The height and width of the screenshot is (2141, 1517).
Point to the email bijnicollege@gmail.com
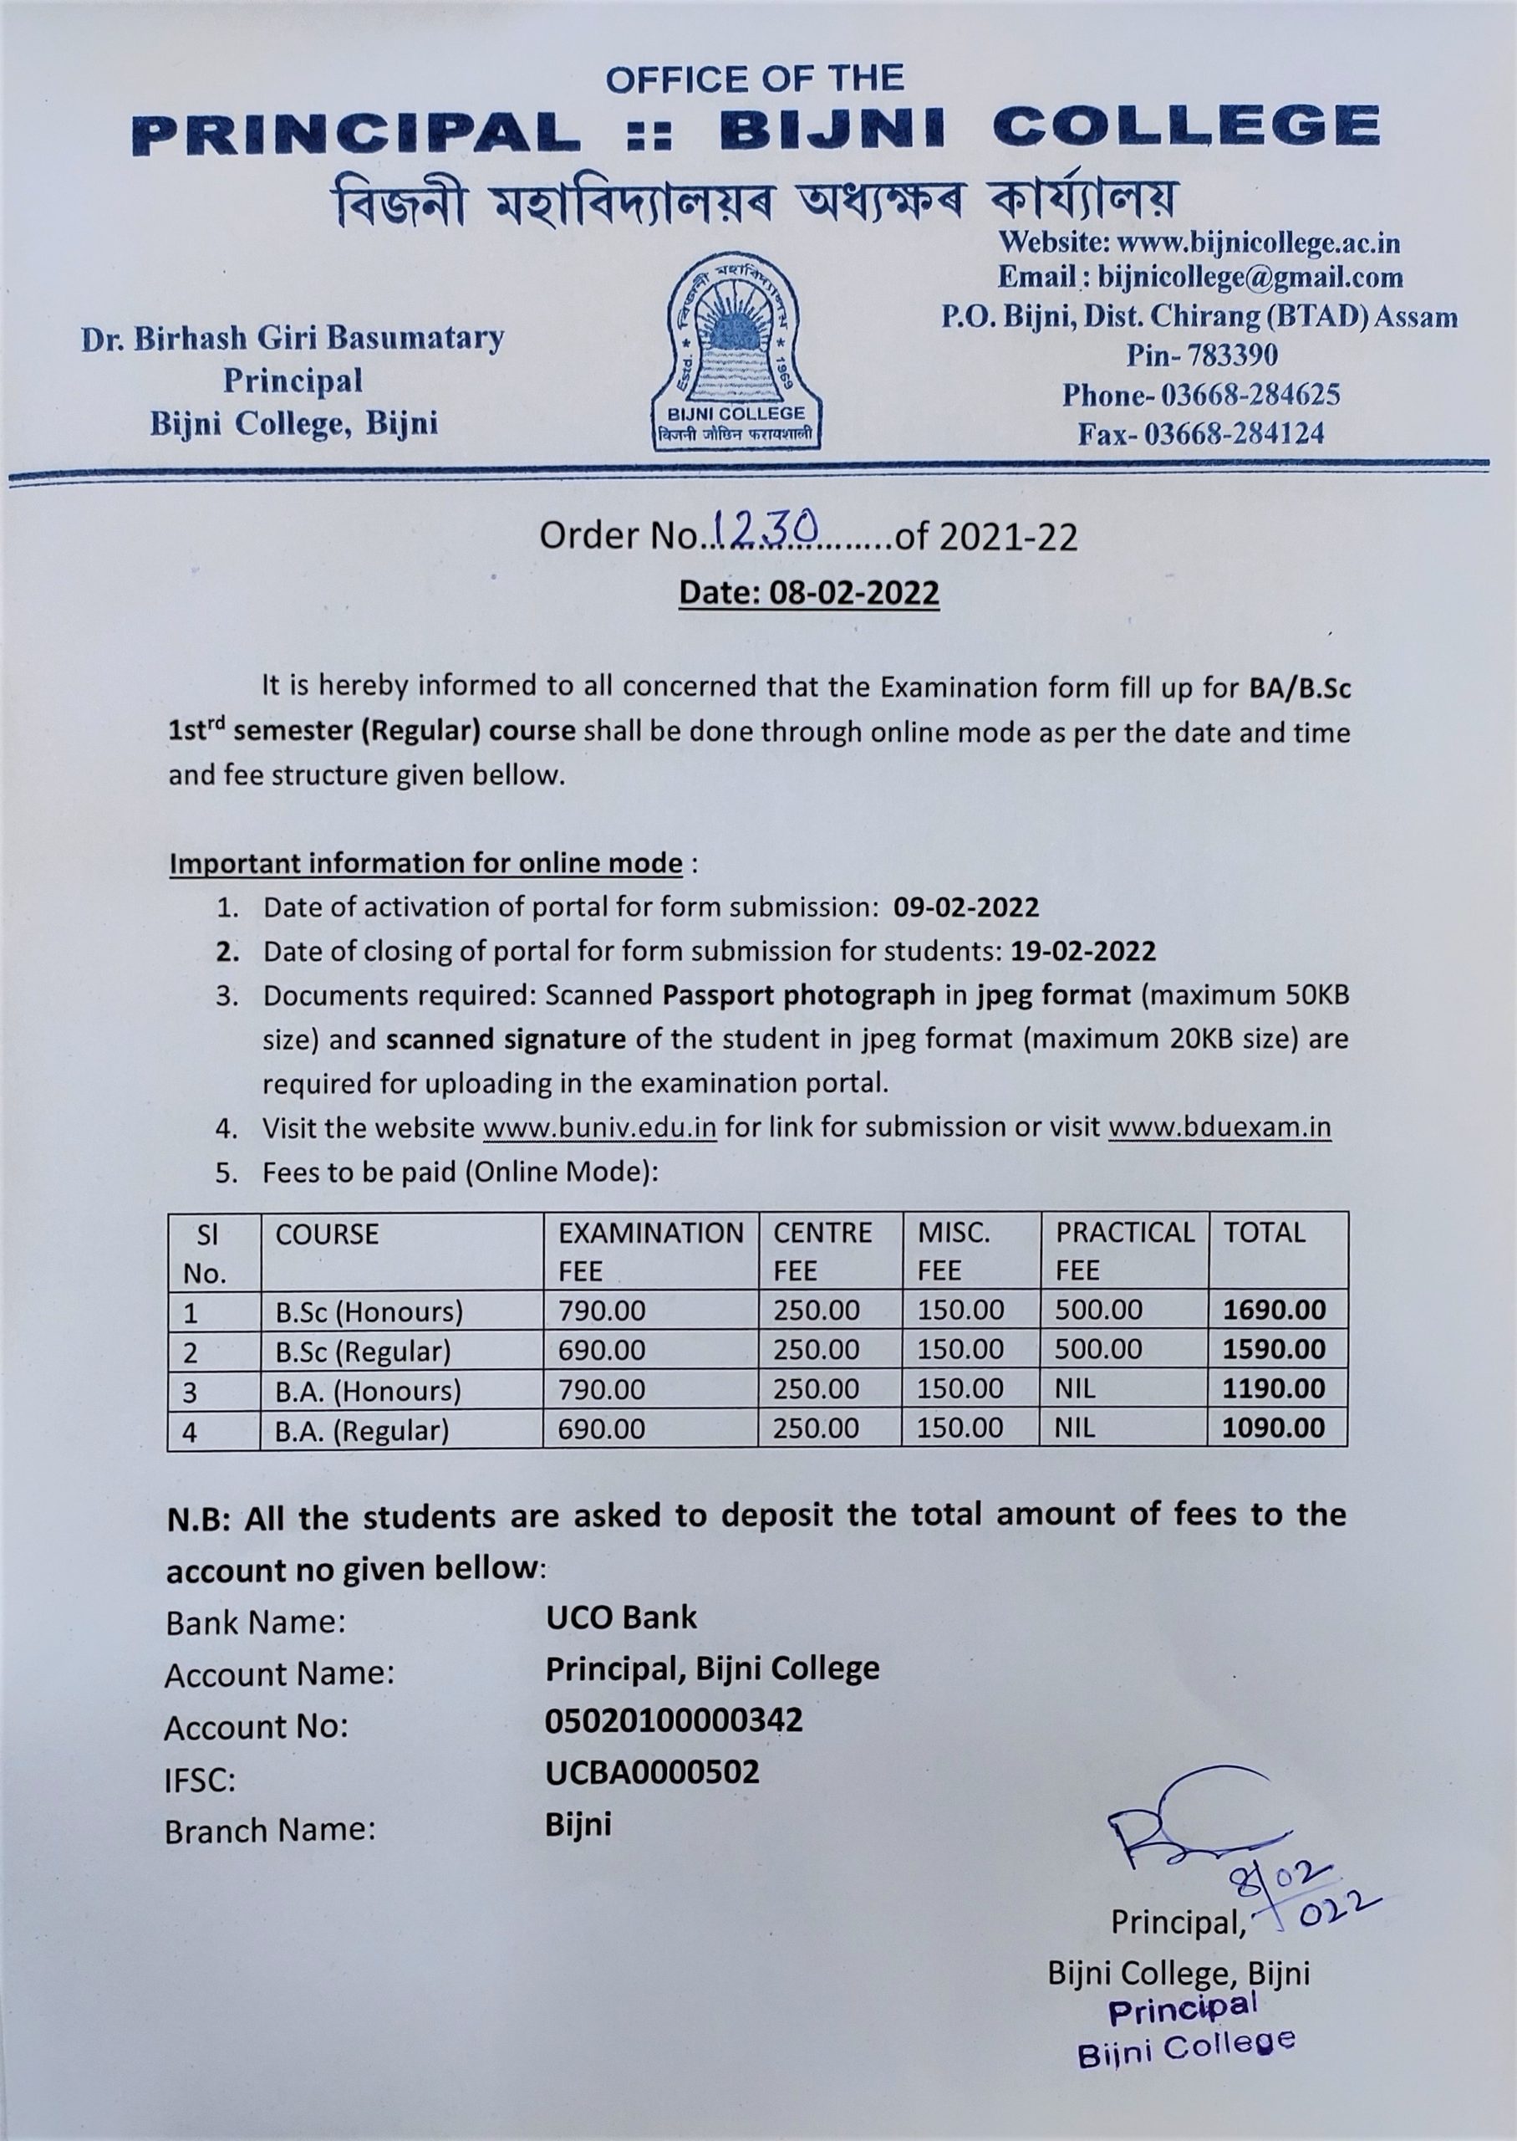coord(1250,278)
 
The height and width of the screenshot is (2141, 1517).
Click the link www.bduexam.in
coord(1219,1127)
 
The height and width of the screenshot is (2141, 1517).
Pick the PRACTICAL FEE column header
coord(1123,1250)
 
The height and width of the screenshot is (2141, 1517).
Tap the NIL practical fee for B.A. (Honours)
coord(1075,1388)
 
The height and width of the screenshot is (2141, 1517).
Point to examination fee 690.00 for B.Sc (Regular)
coord(602,1350)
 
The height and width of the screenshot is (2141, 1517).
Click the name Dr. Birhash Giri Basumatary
coord(293,339)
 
